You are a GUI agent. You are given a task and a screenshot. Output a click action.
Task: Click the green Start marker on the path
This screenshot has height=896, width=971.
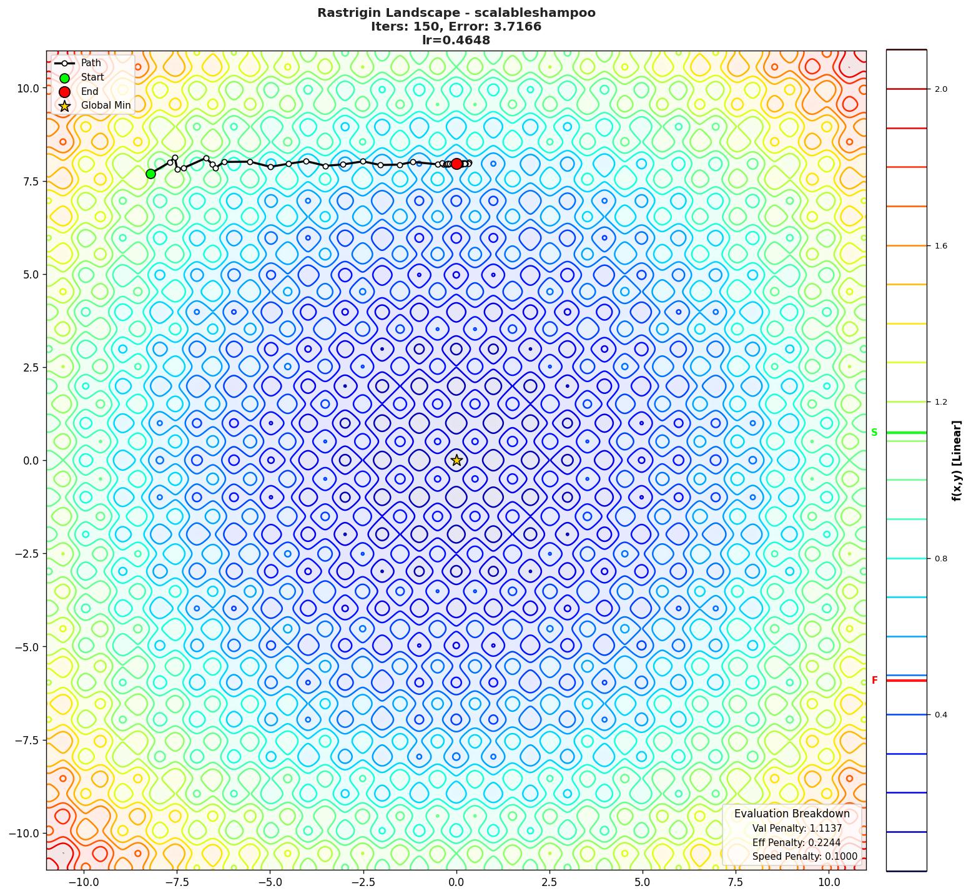point(150,174)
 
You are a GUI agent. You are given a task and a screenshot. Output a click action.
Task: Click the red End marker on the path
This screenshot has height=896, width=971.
point(456,164)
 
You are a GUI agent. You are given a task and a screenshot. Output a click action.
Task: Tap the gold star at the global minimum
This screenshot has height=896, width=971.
point(456,460)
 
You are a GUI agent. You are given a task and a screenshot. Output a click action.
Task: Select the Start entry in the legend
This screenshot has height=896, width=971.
point(92,77)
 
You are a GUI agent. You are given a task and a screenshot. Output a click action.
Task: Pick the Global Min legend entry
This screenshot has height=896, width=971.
point(106,106)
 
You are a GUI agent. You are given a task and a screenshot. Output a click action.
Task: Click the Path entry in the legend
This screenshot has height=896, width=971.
point(91,63)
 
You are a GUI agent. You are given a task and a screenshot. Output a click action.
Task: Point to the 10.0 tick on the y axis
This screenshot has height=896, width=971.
point(27,89)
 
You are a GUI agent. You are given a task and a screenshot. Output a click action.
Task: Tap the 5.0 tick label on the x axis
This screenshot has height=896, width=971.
point(643,882)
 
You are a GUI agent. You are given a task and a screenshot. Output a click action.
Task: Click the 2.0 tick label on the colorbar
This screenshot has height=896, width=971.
point(940,89)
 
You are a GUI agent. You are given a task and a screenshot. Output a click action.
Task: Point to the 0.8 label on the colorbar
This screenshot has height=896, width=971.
point(940,559)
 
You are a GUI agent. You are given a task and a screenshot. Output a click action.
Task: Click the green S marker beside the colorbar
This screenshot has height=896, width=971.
point(874,433)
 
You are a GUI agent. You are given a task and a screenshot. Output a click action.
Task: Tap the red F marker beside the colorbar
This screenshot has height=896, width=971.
point(874,681)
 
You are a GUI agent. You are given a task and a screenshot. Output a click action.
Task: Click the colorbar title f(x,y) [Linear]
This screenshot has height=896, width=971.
point(956,461)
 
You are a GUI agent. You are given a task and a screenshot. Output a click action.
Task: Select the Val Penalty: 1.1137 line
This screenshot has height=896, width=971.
point(797,829)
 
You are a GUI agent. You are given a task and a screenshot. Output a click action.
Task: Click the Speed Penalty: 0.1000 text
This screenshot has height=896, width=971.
point(804,857)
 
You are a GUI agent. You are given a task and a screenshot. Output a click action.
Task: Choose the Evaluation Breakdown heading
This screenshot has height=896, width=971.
point(791,814)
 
